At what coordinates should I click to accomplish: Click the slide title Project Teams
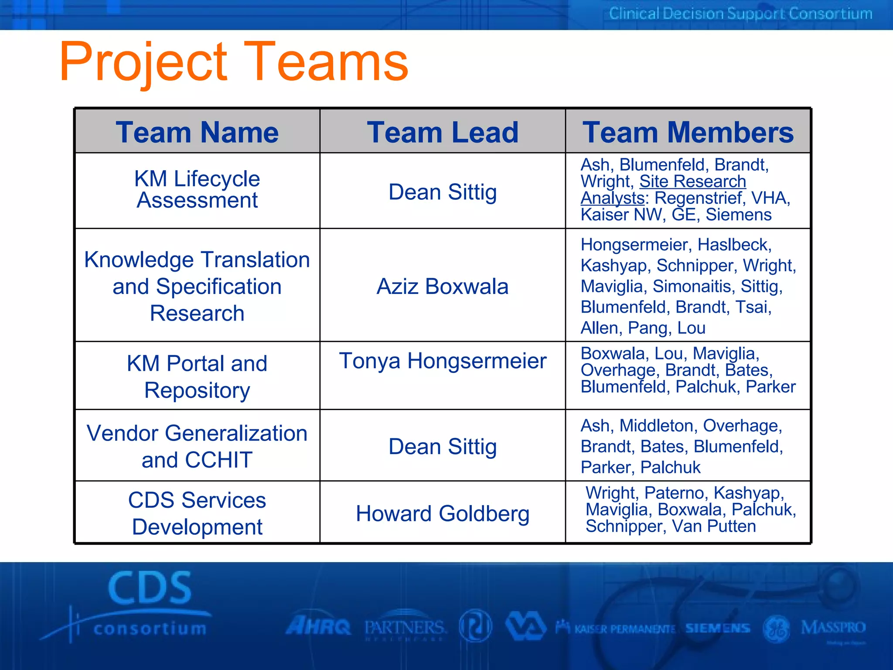click(x=234, y=62)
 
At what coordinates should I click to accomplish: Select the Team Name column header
click(x=197, y=132)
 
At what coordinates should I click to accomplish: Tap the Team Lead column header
click(x=443, y=132)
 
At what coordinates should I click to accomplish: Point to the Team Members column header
click(x=688, y=132)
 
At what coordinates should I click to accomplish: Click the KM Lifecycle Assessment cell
click(x=197, y=190)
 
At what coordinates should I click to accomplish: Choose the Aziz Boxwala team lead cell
click(x=443, y=287)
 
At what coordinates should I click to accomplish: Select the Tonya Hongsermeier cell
click(x=443, y=361)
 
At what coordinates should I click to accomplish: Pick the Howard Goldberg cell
click(x=443, y=513)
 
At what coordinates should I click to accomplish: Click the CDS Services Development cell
click(x=197, y=513)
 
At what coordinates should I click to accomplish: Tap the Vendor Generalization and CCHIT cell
click(x=197, y=446)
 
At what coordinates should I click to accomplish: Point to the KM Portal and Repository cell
click(x=197, y=376)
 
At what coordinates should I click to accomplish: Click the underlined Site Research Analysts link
click(x=692, y=182)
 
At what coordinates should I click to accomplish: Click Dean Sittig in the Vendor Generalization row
click(x=443, y=447)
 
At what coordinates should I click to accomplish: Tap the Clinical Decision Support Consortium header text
click(x=740, y=14)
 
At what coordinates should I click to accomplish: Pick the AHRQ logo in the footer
click(x=318, y=627)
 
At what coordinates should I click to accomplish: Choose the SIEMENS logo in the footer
click(x=717, y=628)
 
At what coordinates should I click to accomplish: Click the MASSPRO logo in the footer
click(x=833, y=628)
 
